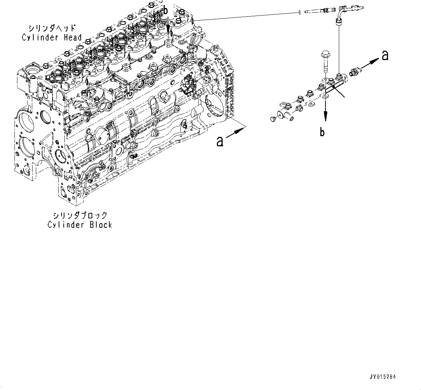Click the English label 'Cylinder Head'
point(51,37)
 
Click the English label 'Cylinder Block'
point(80,225)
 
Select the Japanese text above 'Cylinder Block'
point(80,215)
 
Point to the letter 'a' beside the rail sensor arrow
point(385,55)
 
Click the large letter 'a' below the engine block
point(220,141)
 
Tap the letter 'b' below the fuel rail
point(322,133)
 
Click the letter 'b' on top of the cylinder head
point(165,11)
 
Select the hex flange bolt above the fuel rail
point(324,62)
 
